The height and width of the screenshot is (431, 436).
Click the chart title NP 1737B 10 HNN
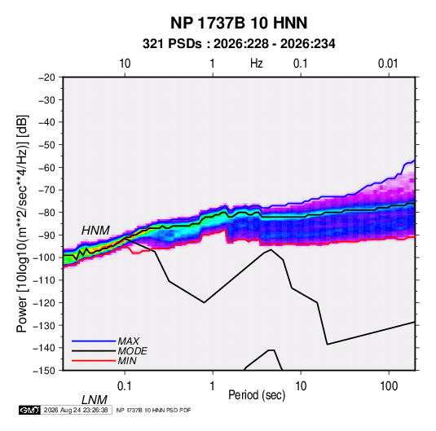[239, 23]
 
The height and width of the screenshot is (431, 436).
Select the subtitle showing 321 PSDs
[239, 44]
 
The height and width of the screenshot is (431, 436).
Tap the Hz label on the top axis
[256, 64]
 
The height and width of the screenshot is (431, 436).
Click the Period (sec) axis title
[257, 395]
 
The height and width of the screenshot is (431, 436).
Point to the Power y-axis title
[22, 223]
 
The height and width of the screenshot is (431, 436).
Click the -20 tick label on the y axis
[46, 77]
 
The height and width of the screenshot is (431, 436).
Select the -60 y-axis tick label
[46, 167]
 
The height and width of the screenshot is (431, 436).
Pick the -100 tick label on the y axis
[44, 257]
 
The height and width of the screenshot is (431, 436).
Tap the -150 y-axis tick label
[44, 371]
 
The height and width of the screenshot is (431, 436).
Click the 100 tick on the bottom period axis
[389, 386]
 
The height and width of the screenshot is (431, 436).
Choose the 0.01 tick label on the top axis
[388, 64]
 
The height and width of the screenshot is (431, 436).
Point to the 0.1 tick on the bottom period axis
[125, 386]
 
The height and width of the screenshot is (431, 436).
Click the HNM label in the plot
[95, 231]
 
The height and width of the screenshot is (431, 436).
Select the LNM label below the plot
[95, 400]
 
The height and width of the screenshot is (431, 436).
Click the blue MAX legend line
[94, 341]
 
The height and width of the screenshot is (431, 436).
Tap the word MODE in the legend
[132, 351]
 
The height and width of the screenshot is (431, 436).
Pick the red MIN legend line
[94, 361]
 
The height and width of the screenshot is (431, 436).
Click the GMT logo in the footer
[29, 410]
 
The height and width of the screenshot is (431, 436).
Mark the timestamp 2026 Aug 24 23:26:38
[76, 410]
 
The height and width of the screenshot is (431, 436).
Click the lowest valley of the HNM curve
[328, 345]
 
